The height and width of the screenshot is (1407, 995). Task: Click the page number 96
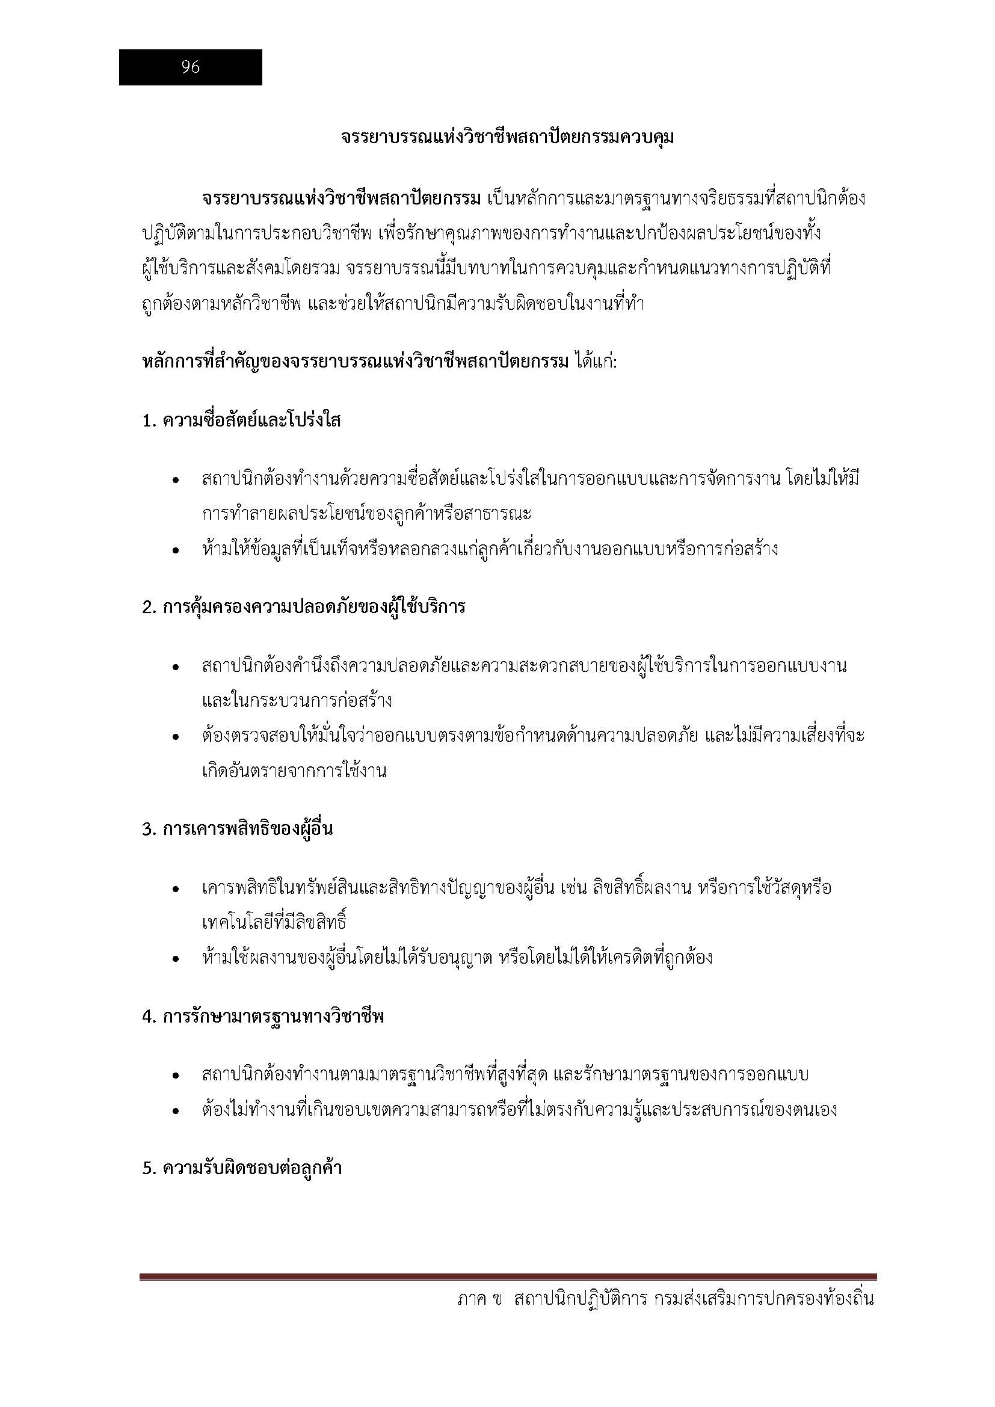coord(191,67)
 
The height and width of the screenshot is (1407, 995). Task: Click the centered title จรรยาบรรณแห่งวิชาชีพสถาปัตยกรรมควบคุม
coord(507,137)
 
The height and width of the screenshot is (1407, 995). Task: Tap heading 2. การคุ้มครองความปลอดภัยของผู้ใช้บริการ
coord(303,608)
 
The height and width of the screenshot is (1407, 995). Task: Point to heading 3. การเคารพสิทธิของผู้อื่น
coord(237,830)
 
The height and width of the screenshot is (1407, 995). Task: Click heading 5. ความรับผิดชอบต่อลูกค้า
coord(242,1168)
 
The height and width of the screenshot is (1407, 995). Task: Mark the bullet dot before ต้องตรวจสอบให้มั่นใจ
coord(176,737)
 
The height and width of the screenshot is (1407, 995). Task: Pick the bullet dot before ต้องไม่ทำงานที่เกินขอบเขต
coord(176,1111)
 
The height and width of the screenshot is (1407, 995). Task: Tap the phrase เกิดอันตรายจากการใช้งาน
coord(294,771)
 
